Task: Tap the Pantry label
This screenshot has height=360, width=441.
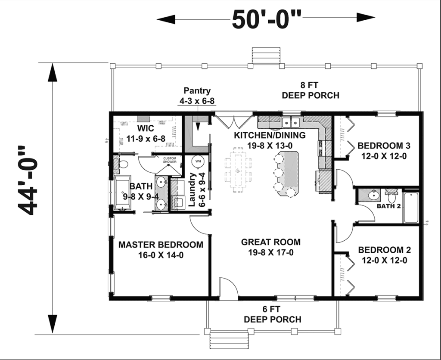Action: pyautogui.click(x=197, y=91)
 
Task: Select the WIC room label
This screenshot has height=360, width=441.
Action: pyautogui.click(x=146, y=128)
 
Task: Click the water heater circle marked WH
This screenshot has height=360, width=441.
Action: pyautogui.click(x=198, y=161)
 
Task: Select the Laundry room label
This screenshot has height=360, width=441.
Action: pyautogui.click(x=193, y=190)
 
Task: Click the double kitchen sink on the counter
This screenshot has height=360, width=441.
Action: pyautogui.click(x=291, y=123)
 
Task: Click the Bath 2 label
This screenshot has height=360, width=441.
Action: pyautogui.click(x=388, y=206)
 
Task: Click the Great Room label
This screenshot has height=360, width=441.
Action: pyautogui.click(x=270, y=242)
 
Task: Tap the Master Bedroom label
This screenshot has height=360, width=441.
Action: pyautogui.click(x=161, y=245)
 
